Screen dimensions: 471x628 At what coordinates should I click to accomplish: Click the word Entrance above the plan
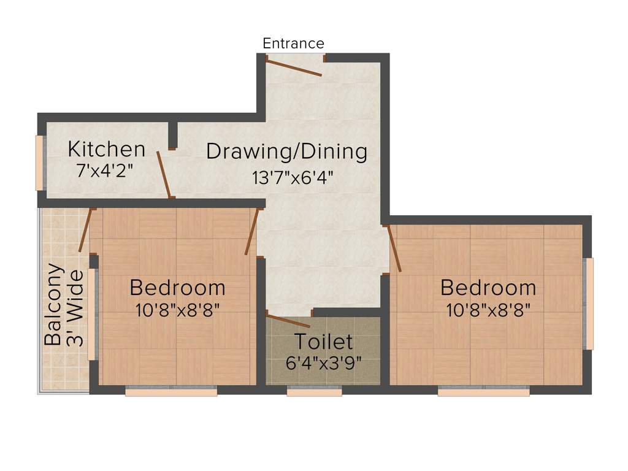pos(293,44)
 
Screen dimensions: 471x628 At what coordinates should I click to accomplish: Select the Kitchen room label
pos(107,149)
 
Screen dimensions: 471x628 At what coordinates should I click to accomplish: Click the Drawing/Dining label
pos(286,151)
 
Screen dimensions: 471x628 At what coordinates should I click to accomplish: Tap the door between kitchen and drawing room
pos(163,174)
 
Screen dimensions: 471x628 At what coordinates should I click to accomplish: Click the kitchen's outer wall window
pos(39,163)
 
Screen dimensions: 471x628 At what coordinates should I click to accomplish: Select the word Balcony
pos(54,305)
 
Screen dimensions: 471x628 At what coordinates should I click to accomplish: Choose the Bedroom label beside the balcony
pos(177,287)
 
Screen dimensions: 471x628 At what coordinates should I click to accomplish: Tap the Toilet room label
pos(323,342)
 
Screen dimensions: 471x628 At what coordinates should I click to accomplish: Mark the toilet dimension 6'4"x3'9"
pos(323,362)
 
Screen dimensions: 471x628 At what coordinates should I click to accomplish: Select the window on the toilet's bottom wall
pos(314,391)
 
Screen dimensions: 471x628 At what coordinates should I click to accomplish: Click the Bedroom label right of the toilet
pos(488,287)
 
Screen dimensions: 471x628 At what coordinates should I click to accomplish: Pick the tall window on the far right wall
pos(589,304)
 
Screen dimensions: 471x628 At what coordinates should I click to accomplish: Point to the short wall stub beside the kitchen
pos(172,136)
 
